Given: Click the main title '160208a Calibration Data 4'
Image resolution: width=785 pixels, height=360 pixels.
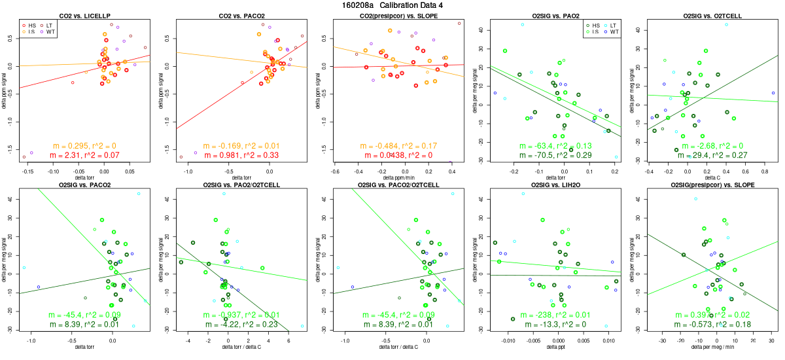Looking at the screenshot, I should pos(392,5).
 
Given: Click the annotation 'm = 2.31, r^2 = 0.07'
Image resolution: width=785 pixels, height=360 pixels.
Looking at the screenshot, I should pos(84,155).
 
